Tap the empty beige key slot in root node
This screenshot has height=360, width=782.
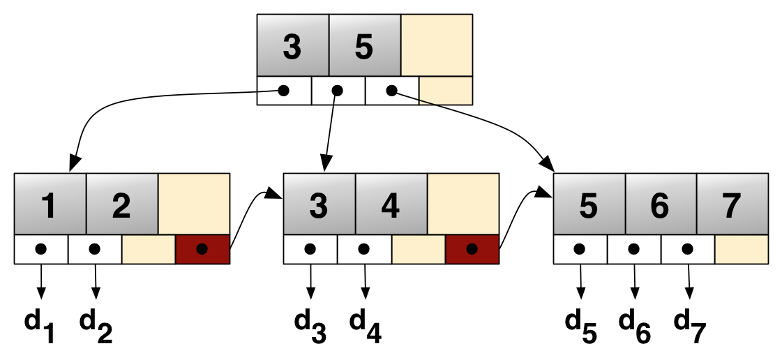click(437, 45)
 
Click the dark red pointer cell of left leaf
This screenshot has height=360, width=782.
click(202, 249)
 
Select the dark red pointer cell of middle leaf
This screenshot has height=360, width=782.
click(472, 249)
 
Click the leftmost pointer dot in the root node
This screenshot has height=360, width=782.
click(283, 91)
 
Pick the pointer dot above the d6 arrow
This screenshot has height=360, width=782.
click(633, 248)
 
